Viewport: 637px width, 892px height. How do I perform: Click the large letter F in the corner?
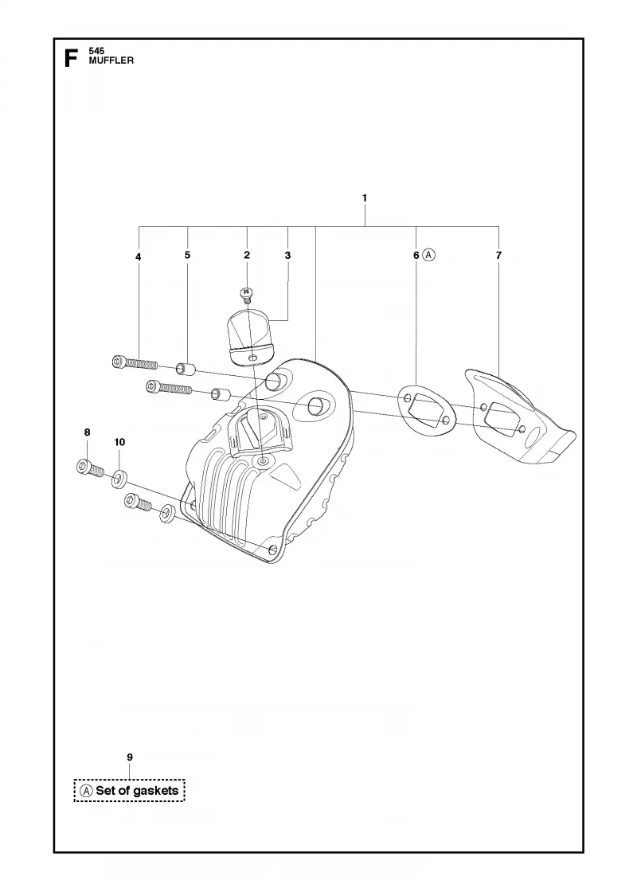click(71, 58)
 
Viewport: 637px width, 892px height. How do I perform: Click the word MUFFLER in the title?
click(111, 61)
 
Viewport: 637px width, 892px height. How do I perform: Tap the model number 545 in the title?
click(96, 51)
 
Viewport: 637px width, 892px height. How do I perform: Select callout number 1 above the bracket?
click(365, 198)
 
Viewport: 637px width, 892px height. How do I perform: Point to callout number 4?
click(139, 257)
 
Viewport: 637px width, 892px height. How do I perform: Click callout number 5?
click(188, 255)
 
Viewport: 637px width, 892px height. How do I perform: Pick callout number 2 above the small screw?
click(247, 255)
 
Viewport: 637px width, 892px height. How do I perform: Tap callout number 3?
click(287, 256)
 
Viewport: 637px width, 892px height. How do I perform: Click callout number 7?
click(498, 256)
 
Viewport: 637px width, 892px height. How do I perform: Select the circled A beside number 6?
click(429, 256)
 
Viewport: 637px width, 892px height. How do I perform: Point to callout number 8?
click(87, 432)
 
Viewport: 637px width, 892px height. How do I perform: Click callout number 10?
click(119, 442)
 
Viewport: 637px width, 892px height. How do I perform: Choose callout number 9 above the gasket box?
click(130, 757)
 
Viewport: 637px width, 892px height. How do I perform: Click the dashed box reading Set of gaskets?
click(130, 790)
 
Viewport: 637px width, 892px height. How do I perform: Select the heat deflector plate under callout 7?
click(518, 417)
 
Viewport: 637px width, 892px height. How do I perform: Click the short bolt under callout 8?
click(90, 468)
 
